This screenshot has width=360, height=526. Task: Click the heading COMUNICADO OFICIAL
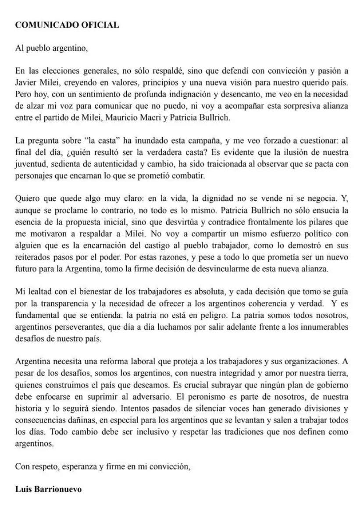67,25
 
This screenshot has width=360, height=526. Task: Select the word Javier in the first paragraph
26,83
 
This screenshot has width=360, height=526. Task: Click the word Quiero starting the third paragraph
27,198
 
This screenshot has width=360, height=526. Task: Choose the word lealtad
39,292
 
